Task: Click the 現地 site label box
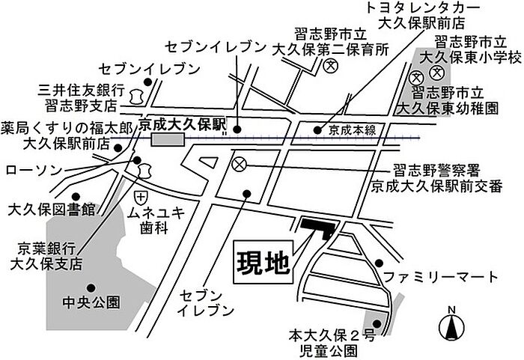click(x=263, y=263)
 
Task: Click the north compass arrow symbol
click(x=451, y=326)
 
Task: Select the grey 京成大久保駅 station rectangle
click(x=168, y=139)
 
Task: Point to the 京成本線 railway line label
click(x=352, y=130)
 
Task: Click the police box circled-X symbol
click(x=239, y=165)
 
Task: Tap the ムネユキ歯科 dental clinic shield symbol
click(x=141, y=198)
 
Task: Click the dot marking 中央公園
click(x=91, y=288)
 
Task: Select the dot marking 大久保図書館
click(x=76, y=196)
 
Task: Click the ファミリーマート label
click(x=440, y=277)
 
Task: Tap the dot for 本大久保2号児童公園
click(x=377, y=323)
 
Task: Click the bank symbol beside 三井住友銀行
click(x=135, y=97)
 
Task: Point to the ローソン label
click(x=34, y=170)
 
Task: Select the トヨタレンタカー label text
click(x=423, y=9)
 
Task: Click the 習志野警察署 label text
click(x=436, y=171)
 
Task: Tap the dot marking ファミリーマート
click(x=379, y=263)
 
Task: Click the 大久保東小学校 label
click(x=471, y=58)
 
